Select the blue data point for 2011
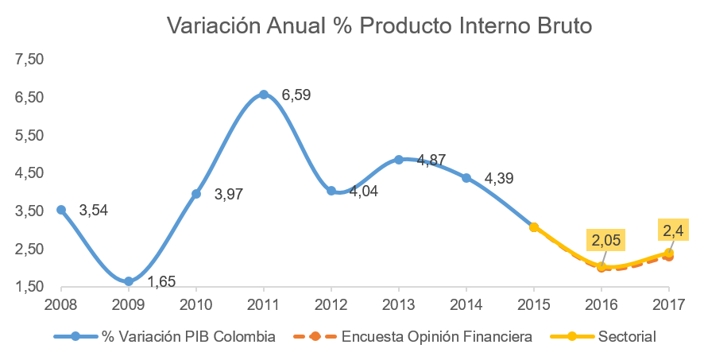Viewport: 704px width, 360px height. coord(264,95)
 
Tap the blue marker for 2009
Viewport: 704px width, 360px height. coord(129,281)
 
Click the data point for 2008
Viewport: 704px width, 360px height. coord(61,210)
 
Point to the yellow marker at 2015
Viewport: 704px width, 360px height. coord(534,227)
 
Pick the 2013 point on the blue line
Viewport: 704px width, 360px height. coord(399,160)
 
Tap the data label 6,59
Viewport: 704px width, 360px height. coord(296,95)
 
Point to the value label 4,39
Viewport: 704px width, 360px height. coord(499,179)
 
